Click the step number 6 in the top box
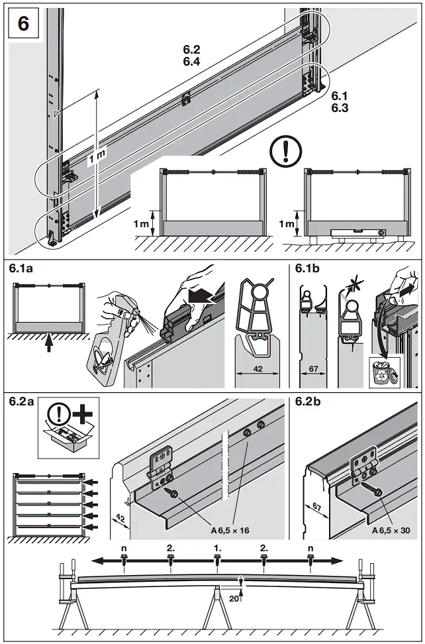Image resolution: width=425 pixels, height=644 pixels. click(x=24, y=24)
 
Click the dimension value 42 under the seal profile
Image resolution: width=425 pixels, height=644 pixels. click(x=259, y=369)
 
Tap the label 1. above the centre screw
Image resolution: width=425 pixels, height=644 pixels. click(x=217, y=549)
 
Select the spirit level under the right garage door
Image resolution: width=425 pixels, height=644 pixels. click(x=354, y=233)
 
